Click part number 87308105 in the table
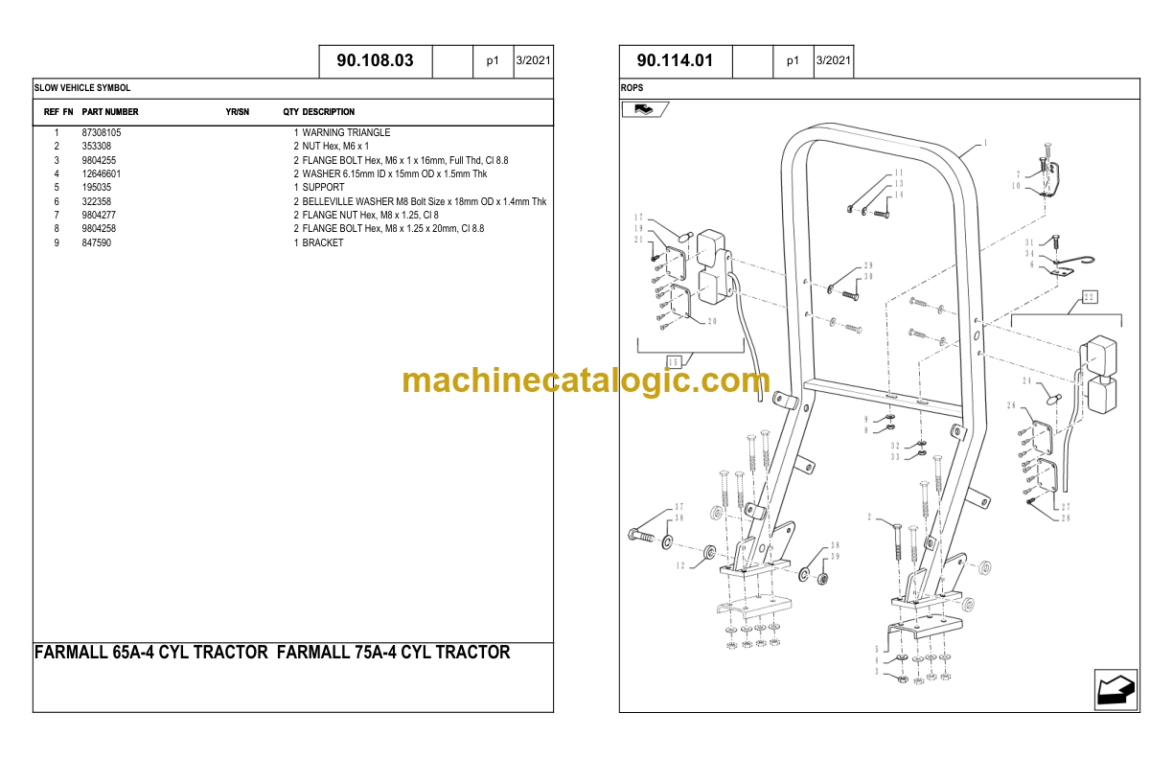coord(102,132)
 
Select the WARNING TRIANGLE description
coord(346,132)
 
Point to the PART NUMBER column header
coord(110,112)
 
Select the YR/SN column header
coord(238,112)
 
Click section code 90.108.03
coord(375,61)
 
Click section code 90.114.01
coord(676,61)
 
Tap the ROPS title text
coord(633,88)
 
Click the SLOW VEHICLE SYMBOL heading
coord(82,88)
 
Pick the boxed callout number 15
coord(674,362)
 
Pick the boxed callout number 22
coord(1089,297)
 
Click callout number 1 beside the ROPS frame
coord(985,144)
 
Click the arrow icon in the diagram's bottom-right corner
coord(1115,689)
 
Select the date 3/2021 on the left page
coord(533,61)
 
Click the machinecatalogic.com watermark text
coord(586,381)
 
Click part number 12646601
coord(102,173)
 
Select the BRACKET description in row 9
coord(323,242)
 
